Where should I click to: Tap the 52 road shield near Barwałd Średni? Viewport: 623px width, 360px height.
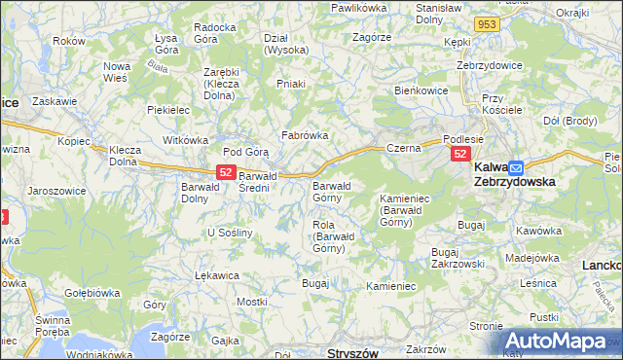click(x=225, y=172)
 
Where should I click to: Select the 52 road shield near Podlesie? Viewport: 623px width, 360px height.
click(x=460, y=155)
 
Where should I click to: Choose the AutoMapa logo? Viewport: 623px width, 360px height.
click(x=563, y=341)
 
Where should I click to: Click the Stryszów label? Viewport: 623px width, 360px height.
click(x=351, y=353)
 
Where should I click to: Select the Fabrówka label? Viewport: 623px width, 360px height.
click(x=304, y=136)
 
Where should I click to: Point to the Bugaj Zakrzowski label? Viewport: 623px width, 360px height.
click(x=458, y=257)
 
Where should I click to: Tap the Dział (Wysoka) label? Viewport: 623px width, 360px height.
click(x=286, y=44)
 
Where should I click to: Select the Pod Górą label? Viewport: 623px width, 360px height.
click(x=245, y=152)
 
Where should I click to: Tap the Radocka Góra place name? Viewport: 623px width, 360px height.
click(x=215, y=33)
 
